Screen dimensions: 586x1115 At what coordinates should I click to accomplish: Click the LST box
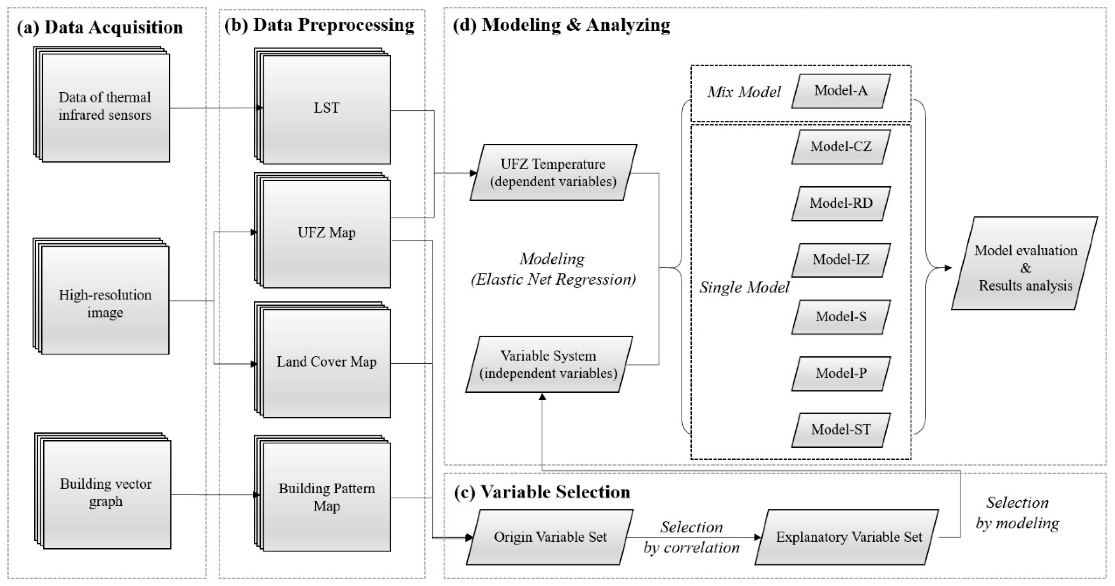tap(326, 108)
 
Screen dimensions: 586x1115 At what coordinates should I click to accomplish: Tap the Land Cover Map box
tap(326, 362)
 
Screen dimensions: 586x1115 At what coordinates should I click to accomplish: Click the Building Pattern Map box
tap(326, 497)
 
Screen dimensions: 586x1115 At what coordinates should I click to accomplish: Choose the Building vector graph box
tap(106, 493)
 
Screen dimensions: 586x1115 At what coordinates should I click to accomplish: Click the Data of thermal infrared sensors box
tap(105, 106)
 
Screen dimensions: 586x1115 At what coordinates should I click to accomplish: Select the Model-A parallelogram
tap(840, 91)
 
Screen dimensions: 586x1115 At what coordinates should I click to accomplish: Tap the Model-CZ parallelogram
tap(840, 147)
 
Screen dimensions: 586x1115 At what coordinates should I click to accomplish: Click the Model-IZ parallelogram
tap(840, 260)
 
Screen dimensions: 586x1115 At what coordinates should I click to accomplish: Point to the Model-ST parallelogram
tap(840, 430)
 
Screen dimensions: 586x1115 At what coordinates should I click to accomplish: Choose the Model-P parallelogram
tap(840, 374)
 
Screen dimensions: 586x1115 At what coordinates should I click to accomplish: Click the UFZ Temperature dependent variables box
tap(553, 173)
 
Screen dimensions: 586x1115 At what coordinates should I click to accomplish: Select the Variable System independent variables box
tap(548, 365)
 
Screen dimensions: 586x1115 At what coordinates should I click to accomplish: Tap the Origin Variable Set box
tap(550, 537)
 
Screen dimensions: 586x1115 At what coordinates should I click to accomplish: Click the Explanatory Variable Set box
tap(849, 537)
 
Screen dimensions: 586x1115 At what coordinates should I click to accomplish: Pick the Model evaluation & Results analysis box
tap(1025, 268)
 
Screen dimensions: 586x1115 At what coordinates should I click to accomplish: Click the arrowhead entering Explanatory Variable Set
tap(758, 537)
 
